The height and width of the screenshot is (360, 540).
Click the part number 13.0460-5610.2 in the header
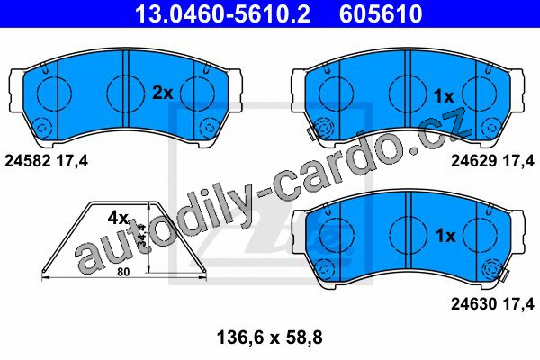point(222,13)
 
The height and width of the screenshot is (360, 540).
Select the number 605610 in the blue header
point(381,13)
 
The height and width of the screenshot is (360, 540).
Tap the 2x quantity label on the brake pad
point(163,93)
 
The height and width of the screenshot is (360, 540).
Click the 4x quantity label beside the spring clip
point(118,218)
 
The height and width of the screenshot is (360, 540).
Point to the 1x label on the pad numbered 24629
point(444,96)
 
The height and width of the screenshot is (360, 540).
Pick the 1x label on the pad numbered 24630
point(445,236)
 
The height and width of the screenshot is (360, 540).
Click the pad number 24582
point(28,161)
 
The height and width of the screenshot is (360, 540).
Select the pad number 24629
point(474,161)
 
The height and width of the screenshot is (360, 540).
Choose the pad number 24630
point(474,304)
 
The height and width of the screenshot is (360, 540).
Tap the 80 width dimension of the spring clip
point(123,272)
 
